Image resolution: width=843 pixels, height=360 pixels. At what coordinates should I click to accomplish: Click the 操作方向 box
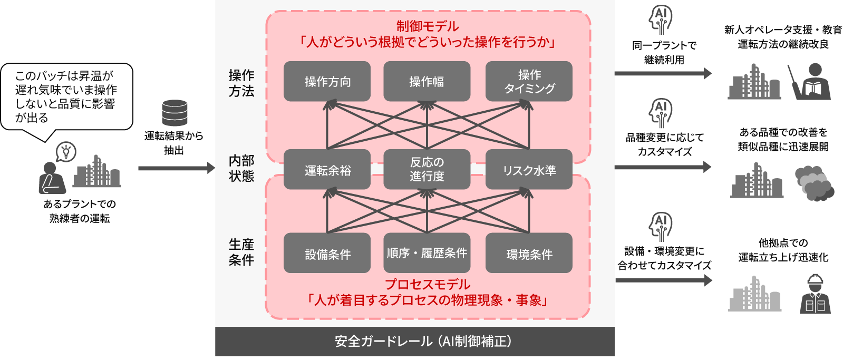[327, 81]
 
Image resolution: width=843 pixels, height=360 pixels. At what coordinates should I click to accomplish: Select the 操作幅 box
[427, 81]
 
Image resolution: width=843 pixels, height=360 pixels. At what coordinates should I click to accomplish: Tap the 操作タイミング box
[529, 81]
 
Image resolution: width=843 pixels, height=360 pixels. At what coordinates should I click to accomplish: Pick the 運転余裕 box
[327, 170]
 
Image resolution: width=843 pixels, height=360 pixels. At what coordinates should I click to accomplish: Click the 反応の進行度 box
[427, 170]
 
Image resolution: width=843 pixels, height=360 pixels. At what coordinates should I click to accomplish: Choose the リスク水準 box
[529, 170]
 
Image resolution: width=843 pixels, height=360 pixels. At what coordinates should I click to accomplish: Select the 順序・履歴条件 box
[427, 253]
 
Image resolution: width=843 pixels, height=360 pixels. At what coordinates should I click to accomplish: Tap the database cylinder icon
[175, 113]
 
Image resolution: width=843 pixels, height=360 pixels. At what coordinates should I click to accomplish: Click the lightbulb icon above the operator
[66, 152]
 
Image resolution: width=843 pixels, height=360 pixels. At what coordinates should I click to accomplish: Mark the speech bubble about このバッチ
[66, 97]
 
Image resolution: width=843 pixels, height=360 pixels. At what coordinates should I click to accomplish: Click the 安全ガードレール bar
[414, 342]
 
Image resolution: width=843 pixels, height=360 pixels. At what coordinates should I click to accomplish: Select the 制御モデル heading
[427, 26]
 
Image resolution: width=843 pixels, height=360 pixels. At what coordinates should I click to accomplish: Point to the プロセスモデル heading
[427, 285]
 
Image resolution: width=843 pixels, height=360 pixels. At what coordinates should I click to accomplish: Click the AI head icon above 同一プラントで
[661, 20]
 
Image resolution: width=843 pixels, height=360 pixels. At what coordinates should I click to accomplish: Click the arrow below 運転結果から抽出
[177, 168]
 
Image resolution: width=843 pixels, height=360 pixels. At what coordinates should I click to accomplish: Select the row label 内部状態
[241, 168]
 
